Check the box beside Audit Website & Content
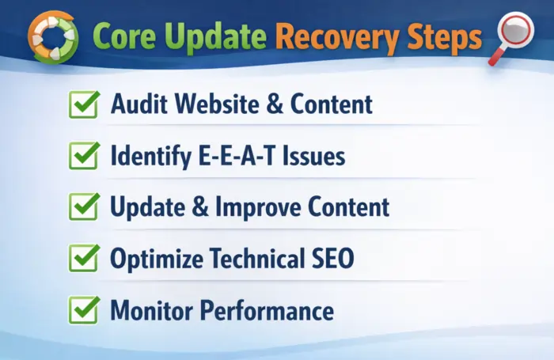(83, 105)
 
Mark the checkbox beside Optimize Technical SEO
(83, 259)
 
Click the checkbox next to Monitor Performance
(83, 310)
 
